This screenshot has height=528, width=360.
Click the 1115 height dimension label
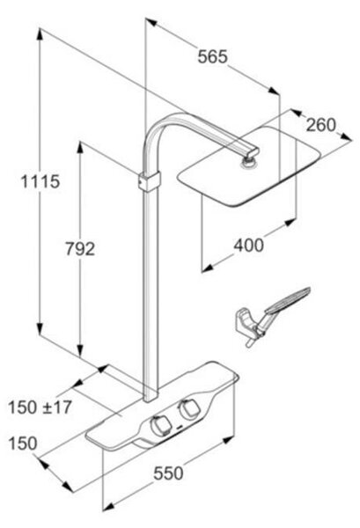40,182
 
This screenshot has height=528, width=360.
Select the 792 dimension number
80,249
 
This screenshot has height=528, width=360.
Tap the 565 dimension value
212,56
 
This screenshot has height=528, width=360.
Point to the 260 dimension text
321,125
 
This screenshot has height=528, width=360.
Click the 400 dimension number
249,246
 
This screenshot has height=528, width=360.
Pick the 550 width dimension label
168,473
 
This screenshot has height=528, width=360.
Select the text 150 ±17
40,407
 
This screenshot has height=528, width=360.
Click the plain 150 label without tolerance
23,444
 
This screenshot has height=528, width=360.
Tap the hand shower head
288,300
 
